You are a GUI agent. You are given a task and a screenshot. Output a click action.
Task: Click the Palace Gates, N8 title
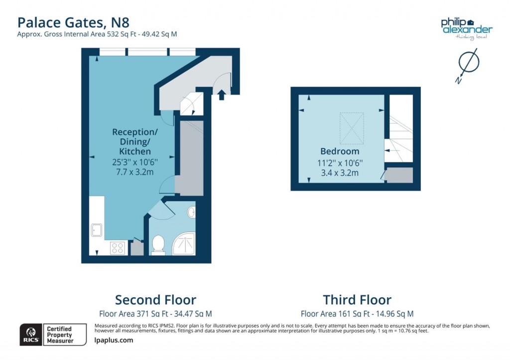click(73, 23)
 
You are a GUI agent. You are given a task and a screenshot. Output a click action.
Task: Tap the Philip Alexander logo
click(467, 29)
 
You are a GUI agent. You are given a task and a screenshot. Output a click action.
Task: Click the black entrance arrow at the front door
click(222, 95)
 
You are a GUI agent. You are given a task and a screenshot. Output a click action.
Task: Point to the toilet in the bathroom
click(158, 244)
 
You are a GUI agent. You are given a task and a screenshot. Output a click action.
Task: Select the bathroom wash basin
click(191, 212)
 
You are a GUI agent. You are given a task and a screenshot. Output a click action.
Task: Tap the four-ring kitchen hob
click(117, 248)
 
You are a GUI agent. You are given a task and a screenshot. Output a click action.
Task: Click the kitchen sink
click(97, 230)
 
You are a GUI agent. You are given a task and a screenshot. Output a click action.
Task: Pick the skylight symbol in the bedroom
click(352, 128)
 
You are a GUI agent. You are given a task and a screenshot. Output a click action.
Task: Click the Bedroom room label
click(340, 151)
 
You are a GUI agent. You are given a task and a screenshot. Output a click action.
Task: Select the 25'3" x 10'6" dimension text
click(135, 162)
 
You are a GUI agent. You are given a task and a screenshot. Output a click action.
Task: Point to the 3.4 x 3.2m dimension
click(340, 173)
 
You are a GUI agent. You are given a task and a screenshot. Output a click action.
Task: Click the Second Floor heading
click(155, 300)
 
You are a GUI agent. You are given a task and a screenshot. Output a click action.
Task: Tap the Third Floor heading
click(357, 300)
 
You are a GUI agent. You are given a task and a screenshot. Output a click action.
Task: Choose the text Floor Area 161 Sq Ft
click(335, 314)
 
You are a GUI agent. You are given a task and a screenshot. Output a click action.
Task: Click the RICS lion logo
click(31, 335)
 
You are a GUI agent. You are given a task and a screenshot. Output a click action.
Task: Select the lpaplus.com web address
click(114, 340)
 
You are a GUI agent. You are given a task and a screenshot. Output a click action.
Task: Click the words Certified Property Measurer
click(60, 335)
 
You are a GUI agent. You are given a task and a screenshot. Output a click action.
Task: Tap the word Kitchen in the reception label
click(135, 151)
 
